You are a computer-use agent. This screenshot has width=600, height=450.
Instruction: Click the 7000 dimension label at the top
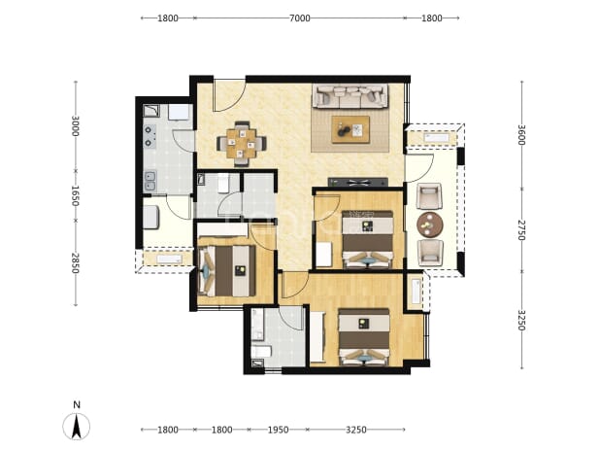tap(299, 18)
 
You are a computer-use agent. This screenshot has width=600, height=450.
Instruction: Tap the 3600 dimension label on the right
tap(521, 135)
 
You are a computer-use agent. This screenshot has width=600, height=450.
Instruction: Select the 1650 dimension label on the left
tap(75, 195)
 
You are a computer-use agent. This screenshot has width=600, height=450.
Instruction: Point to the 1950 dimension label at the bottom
tap(278, 430)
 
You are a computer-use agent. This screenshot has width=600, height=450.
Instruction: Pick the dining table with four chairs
tap(242, 144)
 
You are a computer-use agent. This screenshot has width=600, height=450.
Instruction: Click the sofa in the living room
tap(350, 96)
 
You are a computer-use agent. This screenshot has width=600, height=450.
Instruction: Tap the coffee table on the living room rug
tap(350, 130)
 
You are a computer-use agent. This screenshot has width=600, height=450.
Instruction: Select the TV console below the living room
tap(358, 183)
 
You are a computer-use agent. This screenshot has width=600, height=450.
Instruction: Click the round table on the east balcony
tap(430, 225)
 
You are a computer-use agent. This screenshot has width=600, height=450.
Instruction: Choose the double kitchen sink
tap(150, 181)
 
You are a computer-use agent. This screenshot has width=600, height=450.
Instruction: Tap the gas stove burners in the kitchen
tap(150, 136)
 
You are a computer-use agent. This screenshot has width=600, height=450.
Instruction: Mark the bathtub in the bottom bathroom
tap(258, 325)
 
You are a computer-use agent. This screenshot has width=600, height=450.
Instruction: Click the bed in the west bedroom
tap(226, 271)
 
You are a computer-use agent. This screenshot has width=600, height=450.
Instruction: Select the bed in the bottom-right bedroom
tap(363, 337)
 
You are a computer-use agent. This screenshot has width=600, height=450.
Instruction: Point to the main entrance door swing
tap(229, 95)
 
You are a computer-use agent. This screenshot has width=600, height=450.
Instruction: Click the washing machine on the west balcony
tap(150, 217)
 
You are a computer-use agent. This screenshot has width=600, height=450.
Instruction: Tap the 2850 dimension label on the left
tap(75, 263)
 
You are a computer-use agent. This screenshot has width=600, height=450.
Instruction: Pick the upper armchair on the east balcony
tap(429, 196)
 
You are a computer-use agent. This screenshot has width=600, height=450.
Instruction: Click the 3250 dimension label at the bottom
tap(356, 430)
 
